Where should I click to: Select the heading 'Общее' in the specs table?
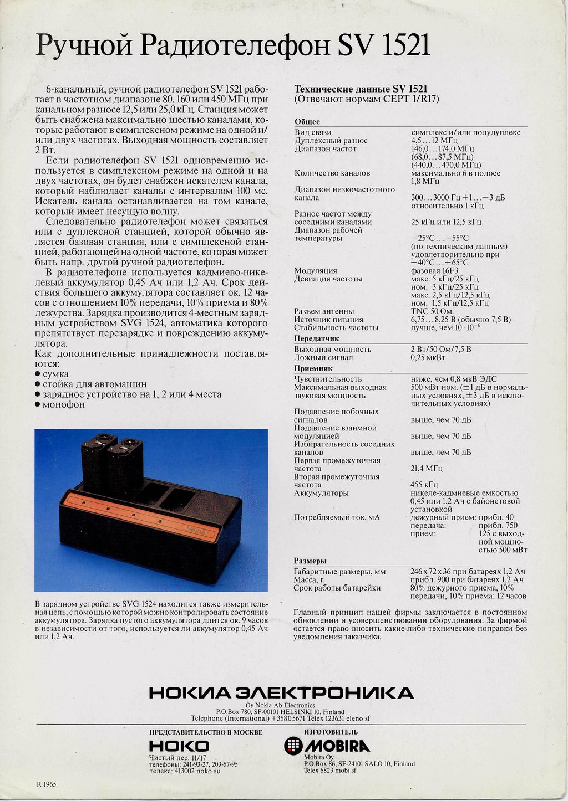coord(307,122)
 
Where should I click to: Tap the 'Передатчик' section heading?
coord(316,338)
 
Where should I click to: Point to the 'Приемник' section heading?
coord(313,368)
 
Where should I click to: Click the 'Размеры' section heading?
coord(310,561)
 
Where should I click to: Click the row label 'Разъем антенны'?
coord(324,311)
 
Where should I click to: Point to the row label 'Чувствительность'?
coord(328,379)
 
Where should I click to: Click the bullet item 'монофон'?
coord(64,404)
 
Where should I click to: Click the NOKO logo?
coord(179,746)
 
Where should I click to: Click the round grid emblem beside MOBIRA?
coord(293,746)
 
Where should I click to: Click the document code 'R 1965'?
coord(46,784)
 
